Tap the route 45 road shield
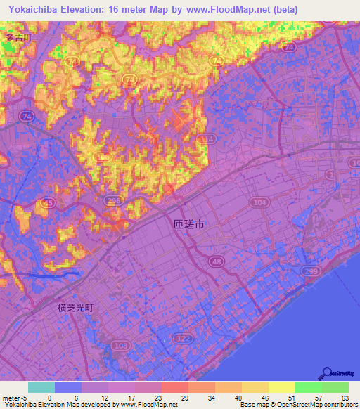(48, 202)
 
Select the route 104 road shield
(259, 202)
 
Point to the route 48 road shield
(214, 262)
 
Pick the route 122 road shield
(185, 339)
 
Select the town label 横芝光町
(75, 307)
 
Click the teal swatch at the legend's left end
(41, 387)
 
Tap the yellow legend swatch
(281, 387)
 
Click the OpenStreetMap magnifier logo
(327, 374)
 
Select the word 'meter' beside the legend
(11, 398)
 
